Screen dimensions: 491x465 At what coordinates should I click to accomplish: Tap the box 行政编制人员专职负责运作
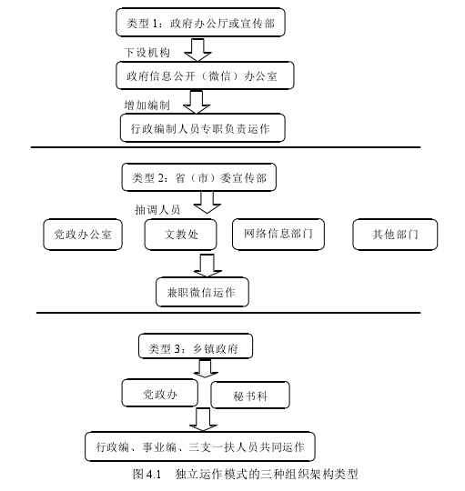pyautogui.click(x=202, y=129)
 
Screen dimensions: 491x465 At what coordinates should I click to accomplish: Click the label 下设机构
pyautogui.click(x=147, y=52)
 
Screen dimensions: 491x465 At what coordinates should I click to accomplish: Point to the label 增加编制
pyautogui.click(x=147, y=105)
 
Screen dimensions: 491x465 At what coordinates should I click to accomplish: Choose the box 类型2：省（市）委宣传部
pyautogui.click(x=197, y=176)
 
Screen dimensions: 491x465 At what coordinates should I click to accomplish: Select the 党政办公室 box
pyautogui.click(x=82, y=235)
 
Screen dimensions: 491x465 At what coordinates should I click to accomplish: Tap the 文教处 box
pyautogui.click(x=180, y=235)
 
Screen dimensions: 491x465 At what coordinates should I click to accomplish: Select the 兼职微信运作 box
pyautogui.click(x=201, y=291)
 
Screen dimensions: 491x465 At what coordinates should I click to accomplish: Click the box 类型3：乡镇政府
pyautogui.click(x=195, y=347)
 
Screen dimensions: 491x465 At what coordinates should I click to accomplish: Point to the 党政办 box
pyautogui.click(x=158, y=393)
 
